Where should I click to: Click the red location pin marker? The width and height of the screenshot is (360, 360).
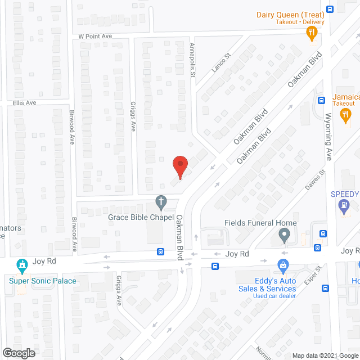[179, 166]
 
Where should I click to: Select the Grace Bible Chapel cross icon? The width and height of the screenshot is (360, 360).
[161, 202]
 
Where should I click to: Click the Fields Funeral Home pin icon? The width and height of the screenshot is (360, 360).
[285, 235]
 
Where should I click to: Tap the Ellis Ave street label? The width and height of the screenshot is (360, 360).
[24, 103]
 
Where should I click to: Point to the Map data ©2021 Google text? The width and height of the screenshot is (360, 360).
[324, 355]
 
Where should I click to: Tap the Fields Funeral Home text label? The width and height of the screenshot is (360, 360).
[260, 223]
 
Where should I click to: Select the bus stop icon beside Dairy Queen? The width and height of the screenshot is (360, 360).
[330, 9]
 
